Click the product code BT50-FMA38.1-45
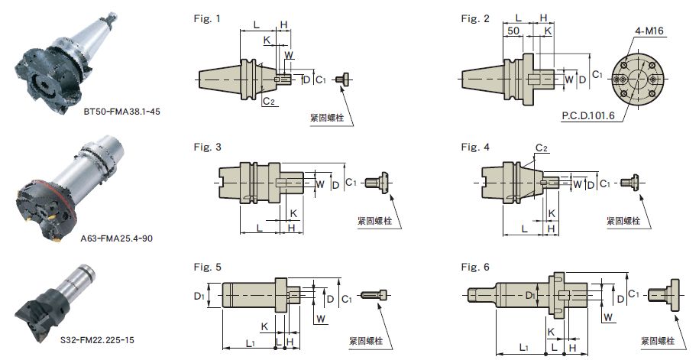[121, 111]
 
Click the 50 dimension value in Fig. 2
[513, 30]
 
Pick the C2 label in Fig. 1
[269, 100]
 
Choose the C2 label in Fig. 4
[541, 147]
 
